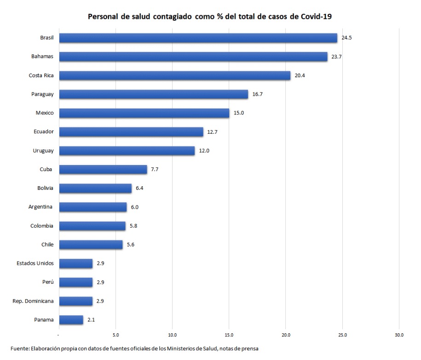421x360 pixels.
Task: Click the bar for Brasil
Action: (x=198, y=38)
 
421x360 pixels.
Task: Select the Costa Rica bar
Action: (x=175, y=75)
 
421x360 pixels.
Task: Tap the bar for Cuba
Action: (x=103, y=169)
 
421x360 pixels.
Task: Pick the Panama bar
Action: (x=71, y=320)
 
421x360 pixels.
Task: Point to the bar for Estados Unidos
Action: (x=76, y=263)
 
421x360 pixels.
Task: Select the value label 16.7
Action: (x=257, y=94)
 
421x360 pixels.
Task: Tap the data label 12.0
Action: (x=204, y=150)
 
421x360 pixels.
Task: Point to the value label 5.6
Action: (x=131, y=245)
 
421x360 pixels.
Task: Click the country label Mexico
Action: (x=45, y=113)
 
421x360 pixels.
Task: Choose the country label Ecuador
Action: (x=44, y=131)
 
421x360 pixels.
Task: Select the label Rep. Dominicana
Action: (x=33, y=301)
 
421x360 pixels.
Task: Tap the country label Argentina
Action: (x=41, y=207)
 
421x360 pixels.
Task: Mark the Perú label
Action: (x=47, y=282)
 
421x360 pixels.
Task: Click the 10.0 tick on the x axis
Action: (x=173, y=335)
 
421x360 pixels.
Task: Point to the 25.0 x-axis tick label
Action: (x=342, y=335)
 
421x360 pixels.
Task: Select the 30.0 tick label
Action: (x=399, y=335)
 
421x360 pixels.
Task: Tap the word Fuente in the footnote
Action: (x=20, y=349)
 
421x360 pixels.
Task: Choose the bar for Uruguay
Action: (x=127, y=150)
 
